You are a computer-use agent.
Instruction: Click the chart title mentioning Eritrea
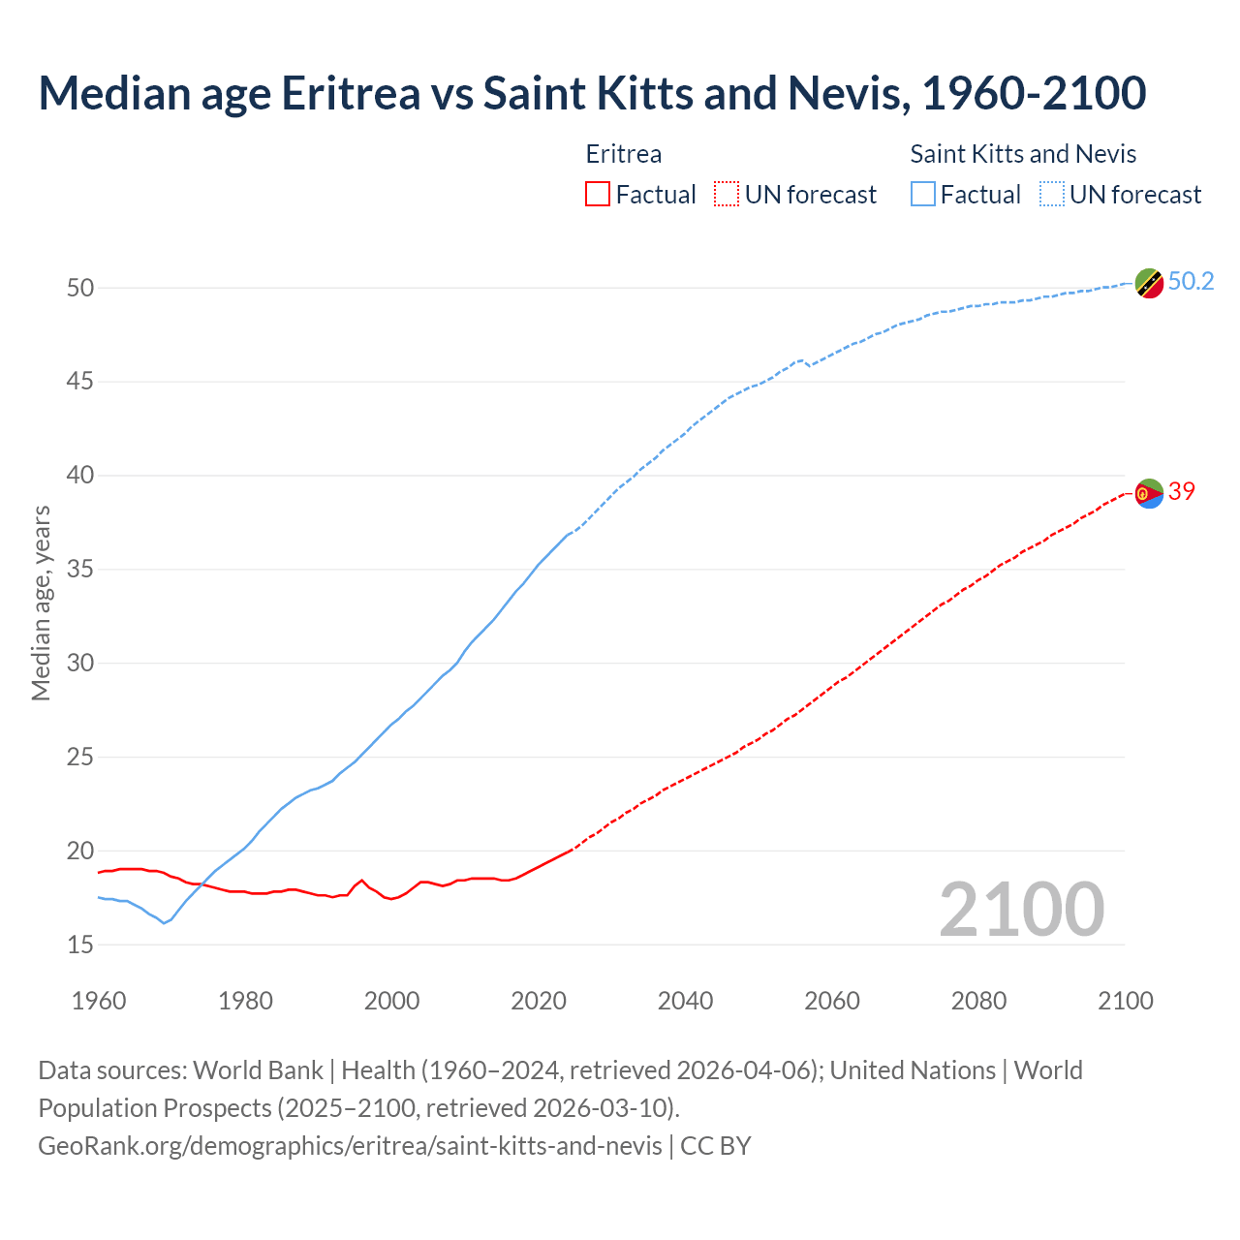click(592, 93)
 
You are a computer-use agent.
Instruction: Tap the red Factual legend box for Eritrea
click(598, 194)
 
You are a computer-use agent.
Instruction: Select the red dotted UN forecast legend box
click(727, 194)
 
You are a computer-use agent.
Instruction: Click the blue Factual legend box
click(923, 194)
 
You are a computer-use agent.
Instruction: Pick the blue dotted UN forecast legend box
click(1051, 194)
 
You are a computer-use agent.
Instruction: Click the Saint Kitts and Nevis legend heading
click(1023, 154)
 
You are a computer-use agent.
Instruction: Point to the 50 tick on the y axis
click(80, 288)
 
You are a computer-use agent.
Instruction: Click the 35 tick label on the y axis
click(80, 570)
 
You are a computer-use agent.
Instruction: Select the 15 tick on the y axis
click(80, 945)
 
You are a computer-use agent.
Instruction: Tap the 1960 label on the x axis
click(99, 1001)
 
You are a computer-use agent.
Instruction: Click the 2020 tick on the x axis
click(539, 1001)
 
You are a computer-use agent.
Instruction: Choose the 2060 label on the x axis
click(832, 1001)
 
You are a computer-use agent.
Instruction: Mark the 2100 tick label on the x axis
click(1126, 1001)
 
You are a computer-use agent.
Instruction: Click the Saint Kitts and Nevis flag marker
click(1149, 284)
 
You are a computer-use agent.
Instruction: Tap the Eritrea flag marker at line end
click(1149, 493)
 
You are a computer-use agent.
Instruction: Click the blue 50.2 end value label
click(1191, 282)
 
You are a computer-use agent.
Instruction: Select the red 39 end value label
click(1182, 491)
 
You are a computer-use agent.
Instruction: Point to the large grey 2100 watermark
click(1022, 910)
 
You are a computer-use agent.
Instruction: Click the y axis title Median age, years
click(41, 603)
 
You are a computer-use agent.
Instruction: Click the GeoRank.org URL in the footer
click(350, 1146)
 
